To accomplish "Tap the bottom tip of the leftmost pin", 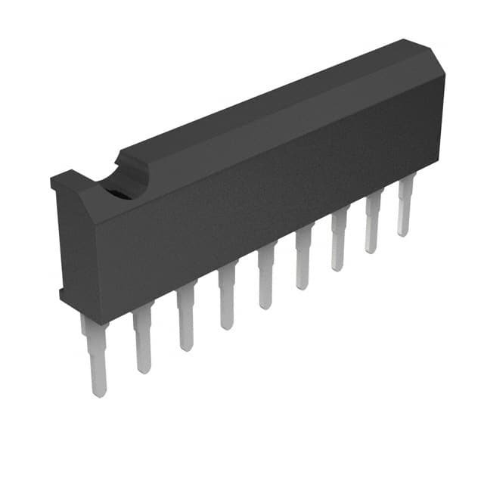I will [98, 391].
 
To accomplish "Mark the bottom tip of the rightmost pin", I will [404, 231].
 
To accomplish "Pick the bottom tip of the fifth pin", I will [265, 304].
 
